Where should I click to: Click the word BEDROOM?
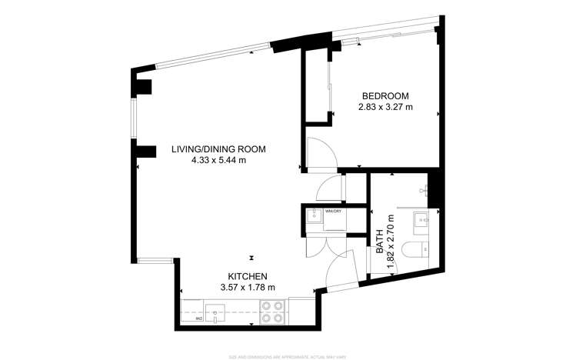[385, 96]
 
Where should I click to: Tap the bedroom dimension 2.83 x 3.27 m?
[385, 108]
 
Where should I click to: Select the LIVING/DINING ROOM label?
[218, 150]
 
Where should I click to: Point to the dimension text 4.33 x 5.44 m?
[218, 162]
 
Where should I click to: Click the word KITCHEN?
[247, 276]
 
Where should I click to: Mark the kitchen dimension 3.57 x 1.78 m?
[247, 288]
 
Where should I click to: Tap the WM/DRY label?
[332, 210]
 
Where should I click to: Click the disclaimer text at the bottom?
[288, 356]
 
